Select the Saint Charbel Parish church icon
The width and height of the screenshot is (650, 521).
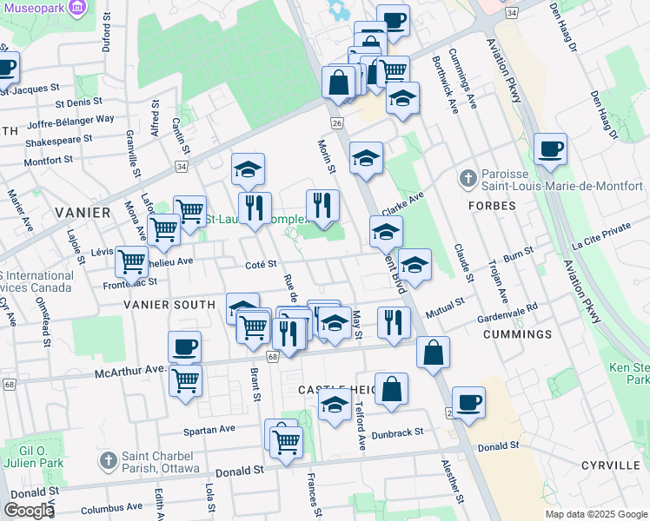tap(108, 459)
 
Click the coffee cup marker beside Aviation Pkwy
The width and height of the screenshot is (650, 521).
tap(550, 149)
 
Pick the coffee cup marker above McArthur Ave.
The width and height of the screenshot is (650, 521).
tap(184, 346)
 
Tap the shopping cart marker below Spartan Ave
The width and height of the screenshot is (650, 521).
tap(286, 440)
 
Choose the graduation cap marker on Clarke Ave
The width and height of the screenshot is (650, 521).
tap(386, 232)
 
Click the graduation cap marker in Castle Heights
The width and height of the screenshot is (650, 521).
tap(335, 406)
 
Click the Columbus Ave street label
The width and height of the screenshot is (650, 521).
tap(106, 508)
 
